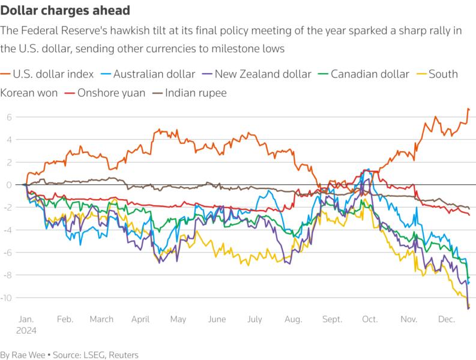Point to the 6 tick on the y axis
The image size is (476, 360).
point(9,117)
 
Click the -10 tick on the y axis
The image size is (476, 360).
point(7,298)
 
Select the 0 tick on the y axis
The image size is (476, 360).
point(9,185)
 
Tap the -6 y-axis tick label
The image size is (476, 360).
point(7,253)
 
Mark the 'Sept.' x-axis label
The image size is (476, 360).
point(332,320)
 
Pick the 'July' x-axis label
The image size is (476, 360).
point(255,320)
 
